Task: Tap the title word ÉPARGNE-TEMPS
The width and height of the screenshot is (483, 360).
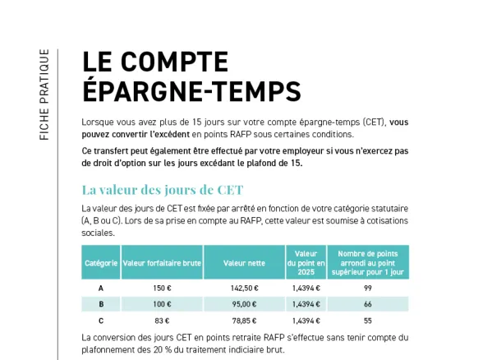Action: [x=191, y=90]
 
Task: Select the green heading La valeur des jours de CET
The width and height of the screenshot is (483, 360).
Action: [x=163, y=190]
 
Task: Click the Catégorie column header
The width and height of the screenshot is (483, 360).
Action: [x=101, y=262]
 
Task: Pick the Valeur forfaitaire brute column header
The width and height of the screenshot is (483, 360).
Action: [x=162, y=262]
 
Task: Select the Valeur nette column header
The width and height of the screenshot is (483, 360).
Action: [x=244, y=262]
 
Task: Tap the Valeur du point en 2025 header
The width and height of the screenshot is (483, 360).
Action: [x=306, y=262]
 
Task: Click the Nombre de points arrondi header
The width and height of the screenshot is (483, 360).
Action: [x=367, y=262]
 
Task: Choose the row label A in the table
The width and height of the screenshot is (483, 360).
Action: [x=101, y=288]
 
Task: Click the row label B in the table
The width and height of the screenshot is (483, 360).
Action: [x=101, y=304]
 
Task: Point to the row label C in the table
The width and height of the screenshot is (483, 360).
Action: [x=101, y=321]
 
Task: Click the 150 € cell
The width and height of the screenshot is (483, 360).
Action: [x=162, y=288]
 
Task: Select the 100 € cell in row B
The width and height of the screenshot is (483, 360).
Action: [x=162, y=304]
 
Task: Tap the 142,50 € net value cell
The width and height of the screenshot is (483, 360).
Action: [x=244, y=288]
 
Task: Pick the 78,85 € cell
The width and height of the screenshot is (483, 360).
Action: [x=244, y=321]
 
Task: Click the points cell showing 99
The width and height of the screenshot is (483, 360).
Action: [x=367, y=288]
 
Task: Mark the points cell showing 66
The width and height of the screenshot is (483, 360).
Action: [x=367, y=304]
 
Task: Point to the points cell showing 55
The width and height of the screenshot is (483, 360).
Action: [x=367, y=321]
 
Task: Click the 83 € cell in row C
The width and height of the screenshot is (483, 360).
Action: [x=162, y=321]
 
